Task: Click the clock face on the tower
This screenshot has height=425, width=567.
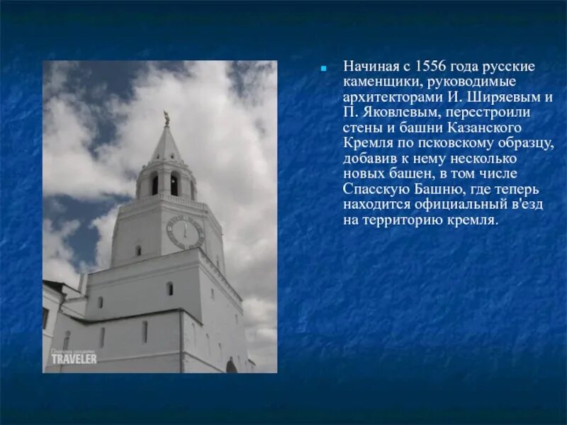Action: [x=185, y=232]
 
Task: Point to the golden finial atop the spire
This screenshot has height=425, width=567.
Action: [x=167, y=118]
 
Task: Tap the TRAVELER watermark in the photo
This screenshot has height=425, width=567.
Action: [x=74, y=358]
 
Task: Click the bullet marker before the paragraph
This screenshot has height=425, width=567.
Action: [x=323, y=69]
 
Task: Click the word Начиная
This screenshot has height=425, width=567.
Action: [x=366, y=66]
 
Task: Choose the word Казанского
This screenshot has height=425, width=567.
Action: [x=483, y=127]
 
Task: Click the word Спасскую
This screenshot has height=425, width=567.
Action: [x=373, y=189]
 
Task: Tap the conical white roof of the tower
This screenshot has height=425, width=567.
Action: [x=167, y=146]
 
